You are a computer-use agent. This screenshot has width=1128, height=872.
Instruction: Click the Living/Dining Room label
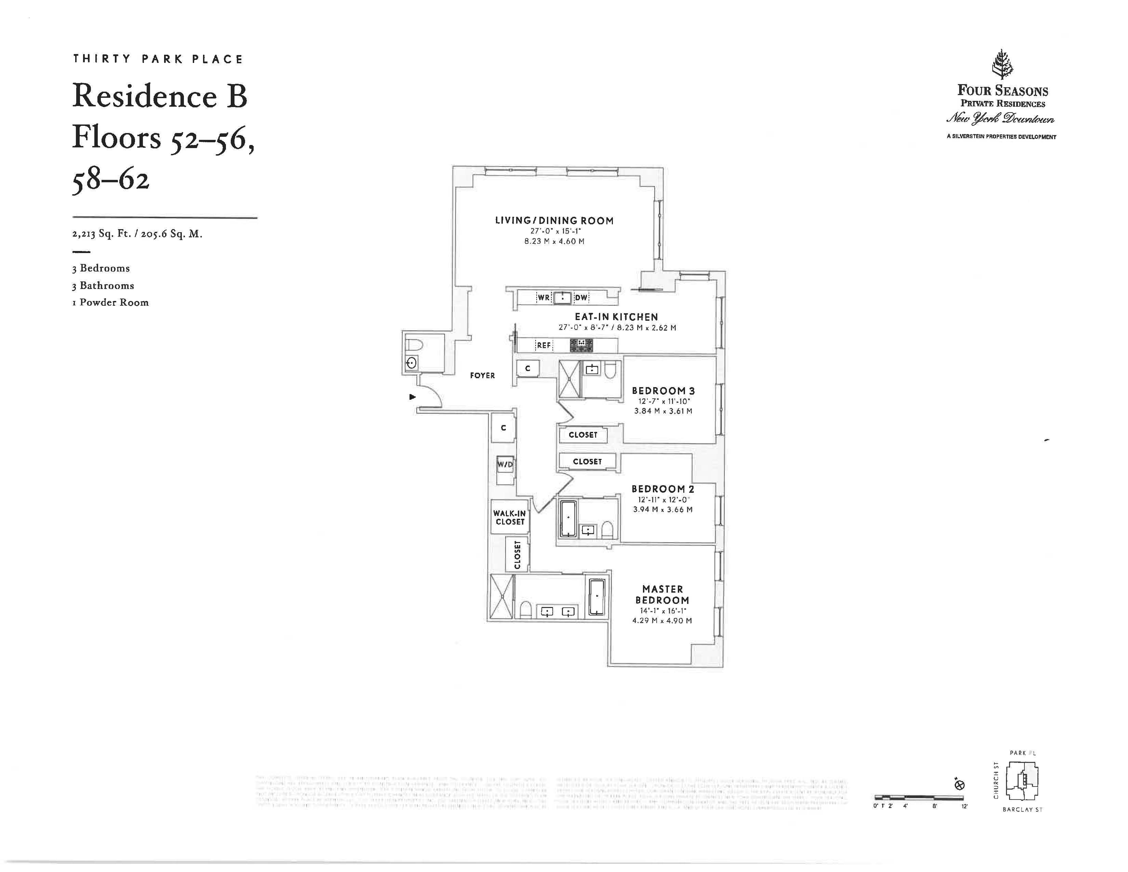[x=554, y=221]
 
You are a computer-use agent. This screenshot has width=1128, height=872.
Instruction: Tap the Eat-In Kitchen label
[x=616, y=317]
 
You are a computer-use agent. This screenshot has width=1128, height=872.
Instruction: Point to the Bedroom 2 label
[x=663, y=489]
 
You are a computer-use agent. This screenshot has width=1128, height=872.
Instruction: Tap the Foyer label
[x=482, y=375]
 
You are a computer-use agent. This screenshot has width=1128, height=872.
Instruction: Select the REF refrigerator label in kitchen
[x=543, y=345]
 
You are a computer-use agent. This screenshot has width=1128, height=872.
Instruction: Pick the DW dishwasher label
[x=581, y=298]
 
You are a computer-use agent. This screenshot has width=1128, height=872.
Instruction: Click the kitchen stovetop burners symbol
[x=581, y=345]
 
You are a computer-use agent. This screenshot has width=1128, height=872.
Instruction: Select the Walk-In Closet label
[x=510, y=517]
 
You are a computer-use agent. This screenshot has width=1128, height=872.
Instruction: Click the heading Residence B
[x=160, y=96]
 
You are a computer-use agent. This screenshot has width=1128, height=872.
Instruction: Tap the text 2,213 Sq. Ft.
[x=101, y=234]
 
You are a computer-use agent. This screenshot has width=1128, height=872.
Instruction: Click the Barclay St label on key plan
[x=1022, y=809]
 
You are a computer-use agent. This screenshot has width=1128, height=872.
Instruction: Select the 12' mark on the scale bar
[x=964, y=806]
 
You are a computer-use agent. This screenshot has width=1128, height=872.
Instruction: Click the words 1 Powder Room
[x=110, y=303]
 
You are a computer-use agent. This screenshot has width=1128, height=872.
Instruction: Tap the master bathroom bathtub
[x=596, y=597]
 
